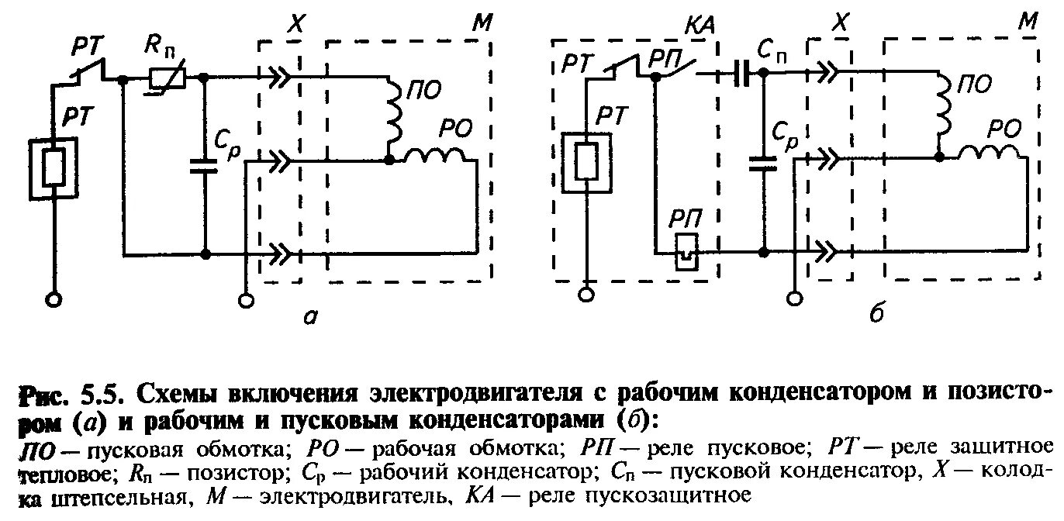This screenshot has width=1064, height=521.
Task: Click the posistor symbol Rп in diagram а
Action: tap(165, 78)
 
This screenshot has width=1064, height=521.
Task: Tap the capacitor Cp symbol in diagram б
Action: tap(764, 164)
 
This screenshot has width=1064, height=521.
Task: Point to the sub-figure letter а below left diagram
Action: tap(309, 316)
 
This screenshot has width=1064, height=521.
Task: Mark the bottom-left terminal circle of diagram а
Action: tap(54, 298)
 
